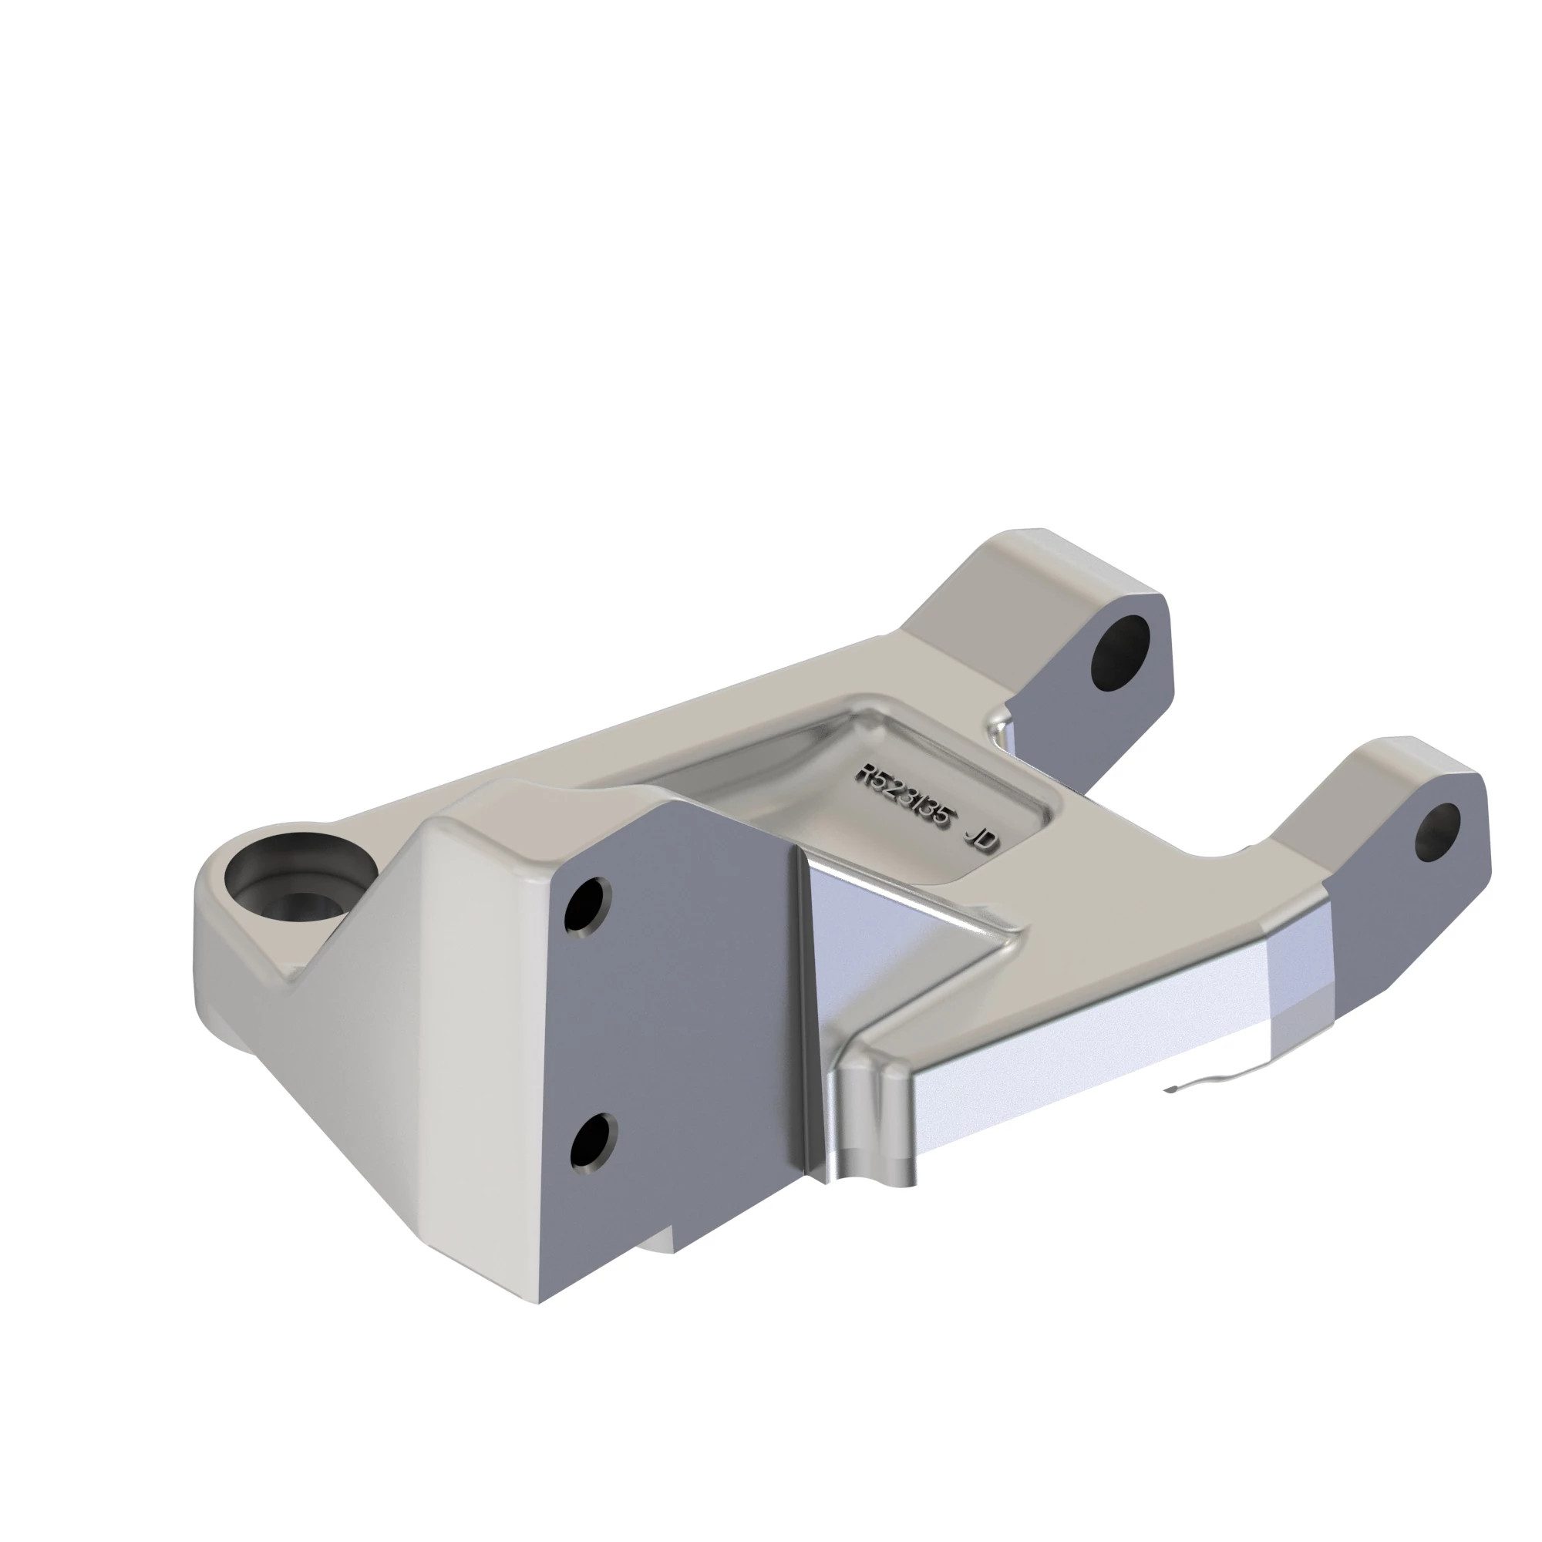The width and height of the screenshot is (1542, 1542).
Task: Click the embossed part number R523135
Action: pyautogui.click(x=907, y=797)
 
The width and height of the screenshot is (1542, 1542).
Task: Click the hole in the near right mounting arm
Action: pyautogui.click(x=1437, y=832)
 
